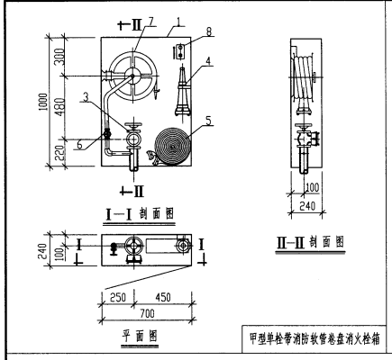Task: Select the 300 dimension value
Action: (59, 58)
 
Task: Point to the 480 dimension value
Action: (59, 110)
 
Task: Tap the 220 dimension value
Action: (59, 155)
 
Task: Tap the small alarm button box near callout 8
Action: (180, 50)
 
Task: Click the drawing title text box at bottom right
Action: (316, 339)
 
